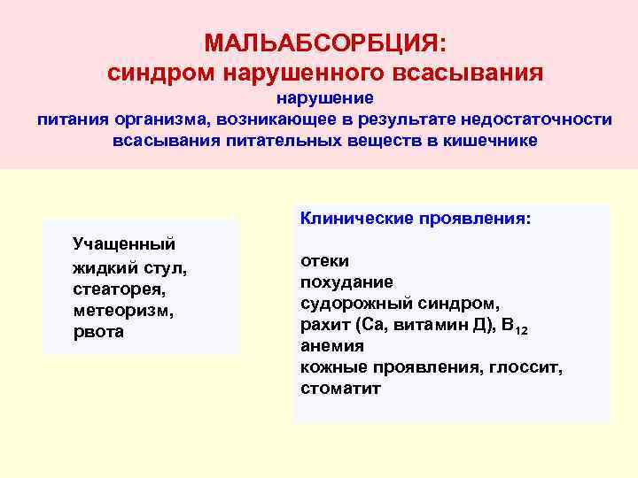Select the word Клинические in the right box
(x=350, y=216)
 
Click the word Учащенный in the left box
(x=123, y=243)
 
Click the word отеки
(x=324, y=261)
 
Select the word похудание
(x=346, y=282)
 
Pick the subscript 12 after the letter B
(x=522, y=330)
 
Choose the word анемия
(x=332, y=346)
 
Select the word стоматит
(x=340, y=389)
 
